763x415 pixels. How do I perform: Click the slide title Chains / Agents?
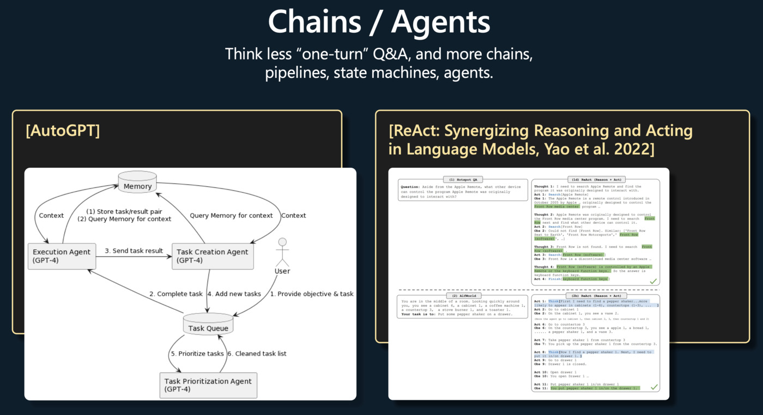pyautogui.click(x=379, y=23)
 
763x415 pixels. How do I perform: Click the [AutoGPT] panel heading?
pyautogui.click(x=63, y=131)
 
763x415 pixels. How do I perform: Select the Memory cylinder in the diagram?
pyautogui.click(x=137, y=182)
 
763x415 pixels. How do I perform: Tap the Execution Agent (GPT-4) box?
pyautogui.click(x=62, y=256)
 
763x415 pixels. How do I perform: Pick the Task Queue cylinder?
pyautogui.click(x=207, y=326)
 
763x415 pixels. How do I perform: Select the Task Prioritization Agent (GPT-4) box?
pyautogui.click(x=208, y=385)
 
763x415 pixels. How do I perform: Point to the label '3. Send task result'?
pyautogui.click(x=134, y=251)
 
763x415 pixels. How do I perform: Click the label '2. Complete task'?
pyautogui.click(x=176, y=294)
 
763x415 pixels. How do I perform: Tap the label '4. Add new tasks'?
pyautogui.click(x=238, y=294)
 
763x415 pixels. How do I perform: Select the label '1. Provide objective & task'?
pyautogui.click(x=312, y=294)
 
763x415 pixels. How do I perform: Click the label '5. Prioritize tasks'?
pyautogui.click(x=197, y=353)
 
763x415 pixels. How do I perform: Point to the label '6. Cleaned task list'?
pyautogui.click(x=257, y=353)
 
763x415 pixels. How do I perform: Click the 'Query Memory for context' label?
pyautogui.click(x=231, y=216)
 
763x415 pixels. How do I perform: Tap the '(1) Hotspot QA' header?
pyautogui.click(x=463, y=179)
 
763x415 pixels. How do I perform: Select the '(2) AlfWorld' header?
pyautogui.click(x=462, y=295)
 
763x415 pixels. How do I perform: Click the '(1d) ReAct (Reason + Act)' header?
pyautogui.click(x=596, y=179)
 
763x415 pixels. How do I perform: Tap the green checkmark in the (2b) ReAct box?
pyautogui.click(x=654, y=387)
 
